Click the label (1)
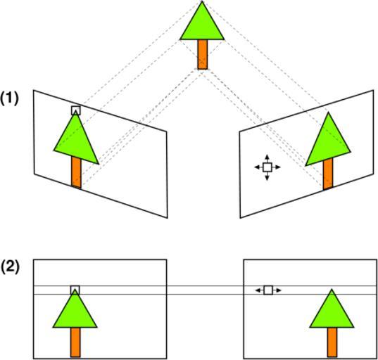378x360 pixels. [x=9, y=98]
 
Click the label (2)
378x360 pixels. [x=9, y=267]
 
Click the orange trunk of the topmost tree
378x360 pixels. [x=203, y=54]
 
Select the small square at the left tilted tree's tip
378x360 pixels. [x=76, y=110]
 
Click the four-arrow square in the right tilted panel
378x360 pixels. [x=267, y=167]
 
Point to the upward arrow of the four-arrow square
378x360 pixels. [x=267, y=159]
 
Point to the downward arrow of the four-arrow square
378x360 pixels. [x=267, y=176]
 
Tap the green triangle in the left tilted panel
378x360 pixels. [x=76, y=142]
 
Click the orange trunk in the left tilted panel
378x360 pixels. [x=76, y=172]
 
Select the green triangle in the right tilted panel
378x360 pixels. [x=328, y=143]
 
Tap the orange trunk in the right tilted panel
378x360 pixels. [x=328, y=174]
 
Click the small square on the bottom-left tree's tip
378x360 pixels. [x=75, y=290]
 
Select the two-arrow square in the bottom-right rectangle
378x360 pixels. [x=268, y=290]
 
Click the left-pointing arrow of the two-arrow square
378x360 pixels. [x=260, y=290]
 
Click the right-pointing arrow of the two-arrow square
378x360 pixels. [x=277, y=290]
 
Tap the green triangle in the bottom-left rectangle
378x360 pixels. [x=75, y=313]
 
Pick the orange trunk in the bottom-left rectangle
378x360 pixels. [x=75, y=342]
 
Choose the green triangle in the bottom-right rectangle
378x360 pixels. [x=332, y=313]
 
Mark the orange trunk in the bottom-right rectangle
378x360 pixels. [x=332, y=342]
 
